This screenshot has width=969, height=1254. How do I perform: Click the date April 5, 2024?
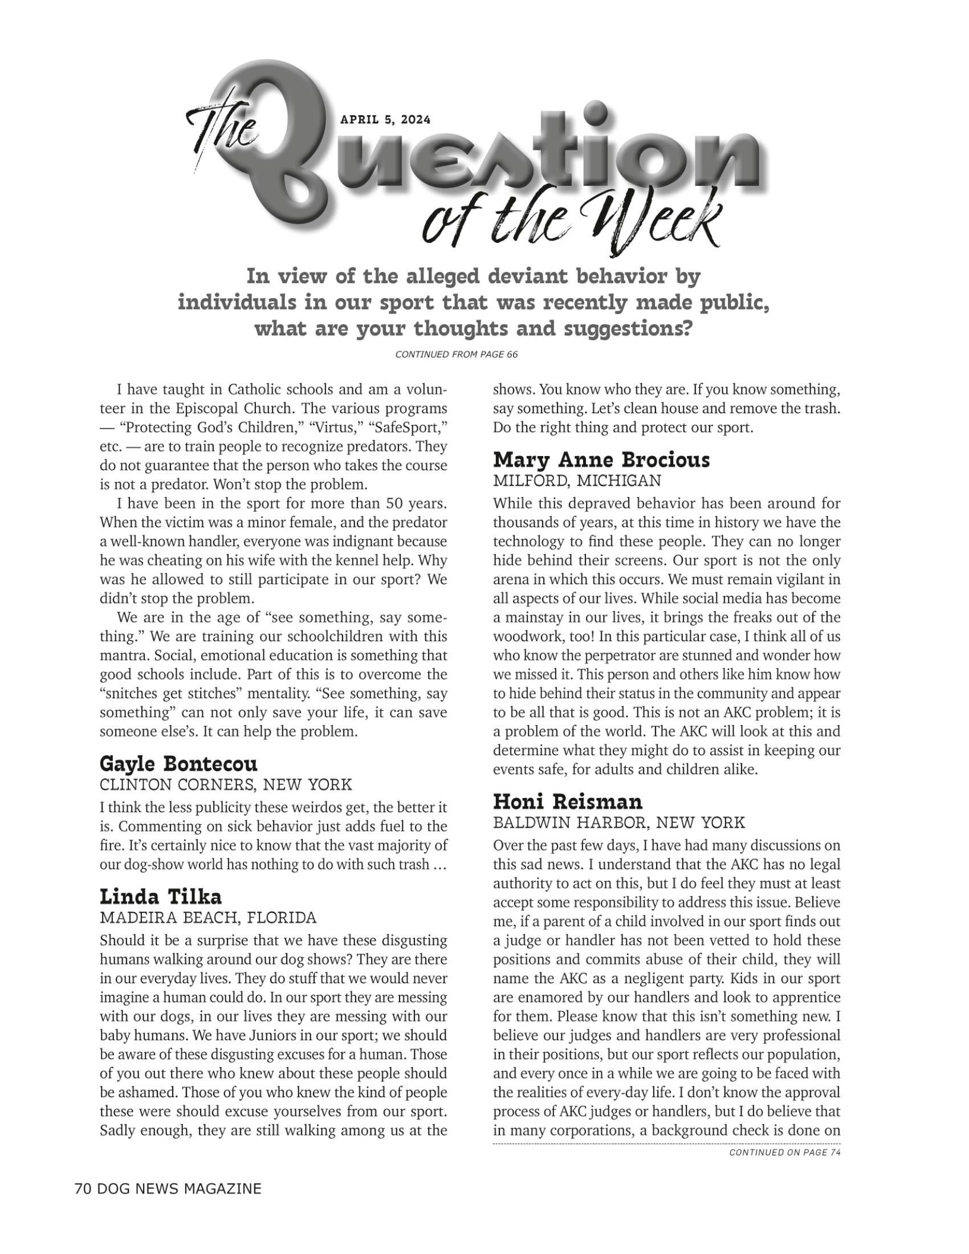[x=385, y=120]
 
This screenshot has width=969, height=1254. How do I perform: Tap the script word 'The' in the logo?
[x=221, y=127]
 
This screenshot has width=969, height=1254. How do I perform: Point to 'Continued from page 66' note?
[x=457, y=355]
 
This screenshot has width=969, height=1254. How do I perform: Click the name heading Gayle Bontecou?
[x=178, y=764]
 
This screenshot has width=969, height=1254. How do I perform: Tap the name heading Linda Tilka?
[x=160, y=897]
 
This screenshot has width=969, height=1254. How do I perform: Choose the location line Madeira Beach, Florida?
[x=208, y=918]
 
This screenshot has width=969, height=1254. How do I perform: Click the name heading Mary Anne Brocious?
[x=601, y=459]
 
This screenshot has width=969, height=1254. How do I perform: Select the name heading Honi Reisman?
[x=568, y=801]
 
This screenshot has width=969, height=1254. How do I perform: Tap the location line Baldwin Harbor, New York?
[x=619, y=822]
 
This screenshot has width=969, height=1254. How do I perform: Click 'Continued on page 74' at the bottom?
[x=784, y=1153]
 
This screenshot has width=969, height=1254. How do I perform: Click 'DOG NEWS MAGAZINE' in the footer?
[x=179, y=1188]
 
